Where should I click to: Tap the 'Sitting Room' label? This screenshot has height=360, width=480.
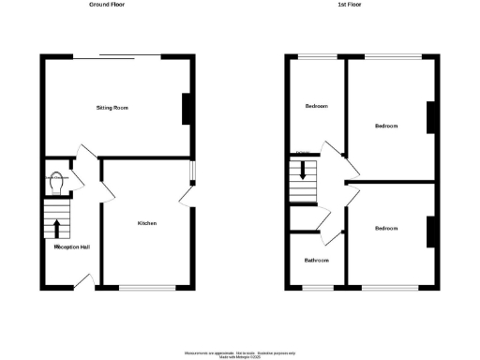tap(112, 108)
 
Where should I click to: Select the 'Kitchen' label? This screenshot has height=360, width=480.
tap(146, 223)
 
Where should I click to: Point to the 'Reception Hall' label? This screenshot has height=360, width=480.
tap(72, 247)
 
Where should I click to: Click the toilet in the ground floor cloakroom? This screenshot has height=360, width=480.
tap(59, 182)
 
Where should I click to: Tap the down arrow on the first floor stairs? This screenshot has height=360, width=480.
tap(303, 172)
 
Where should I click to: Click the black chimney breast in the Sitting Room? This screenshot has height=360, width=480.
tap(187, 109)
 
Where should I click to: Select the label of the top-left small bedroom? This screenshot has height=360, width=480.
tap(317, 106)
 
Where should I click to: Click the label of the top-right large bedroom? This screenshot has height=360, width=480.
tap(386, 126)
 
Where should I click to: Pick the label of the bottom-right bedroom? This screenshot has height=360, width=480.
tap(386, 228)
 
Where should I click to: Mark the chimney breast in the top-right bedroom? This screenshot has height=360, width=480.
tap(432, 118)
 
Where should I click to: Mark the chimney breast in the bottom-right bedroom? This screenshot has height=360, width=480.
tap(431, 232)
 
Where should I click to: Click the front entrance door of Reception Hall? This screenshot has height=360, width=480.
tap(82, 282)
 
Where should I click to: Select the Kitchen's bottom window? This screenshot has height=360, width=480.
tap(146, 286)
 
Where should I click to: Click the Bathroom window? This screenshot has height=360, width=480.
tap(314, 286)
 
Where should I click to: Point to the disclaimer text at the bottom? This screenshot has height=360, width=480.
tap(239, 354)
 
